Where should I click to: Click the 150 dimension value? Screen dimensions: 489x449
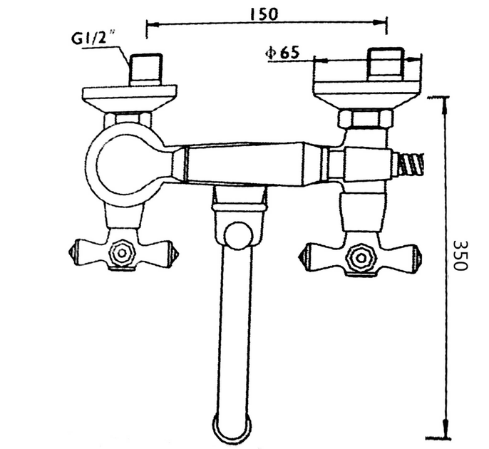tap(264, 14)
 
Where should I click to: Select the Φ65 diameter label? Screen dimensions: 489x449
tap(282, 53)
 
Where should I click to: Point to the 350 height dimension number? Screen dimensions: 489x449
tap(460, 255)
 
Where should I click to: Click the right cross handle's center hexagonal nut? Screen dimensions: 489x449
tap(361, 258)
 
